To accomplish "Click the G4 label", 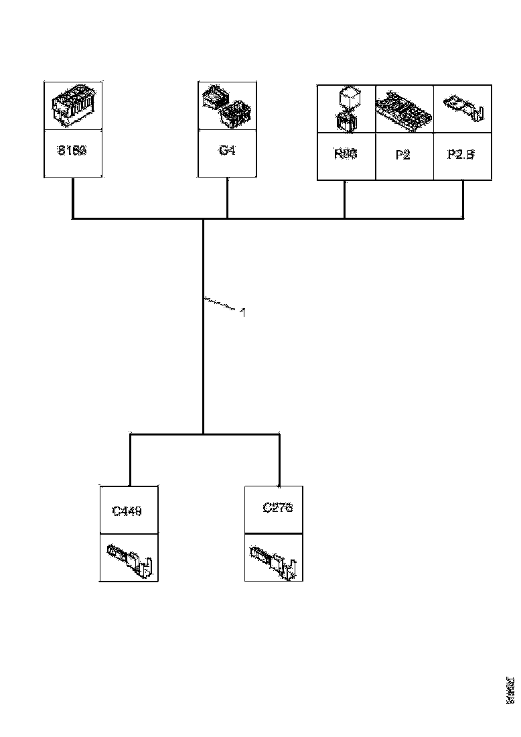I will point(227,150).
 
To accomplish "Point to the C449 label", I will point(127,511).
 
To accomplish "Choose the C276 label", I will point(278,507).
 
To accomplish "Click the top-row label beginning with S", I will point(72,150).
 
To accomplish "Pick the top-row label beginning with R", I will point(345,153).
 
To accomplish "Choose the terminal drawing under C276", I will point(275,560).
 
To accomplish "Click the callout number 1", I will point(242,312).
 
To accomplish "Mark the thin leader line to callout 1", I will point(221,304).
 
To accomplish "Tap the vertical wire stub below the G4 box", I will point(227,198).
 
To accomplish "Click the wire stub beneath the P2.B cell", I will point(462,200).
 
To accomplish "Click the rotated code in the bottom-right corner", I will point(510,690).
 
